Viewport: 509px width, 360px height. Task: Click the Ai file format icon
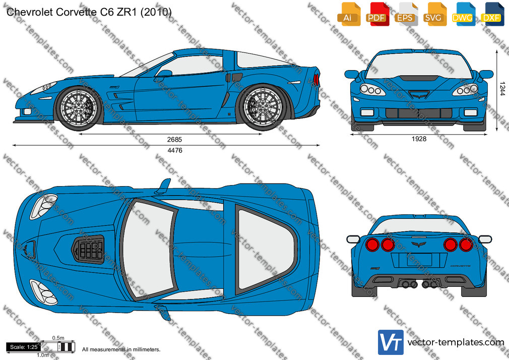click(349, 14)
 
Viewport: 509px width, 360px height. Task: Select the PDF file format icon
click(377, 14)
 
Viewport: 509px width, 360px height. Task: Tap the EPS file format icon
click(406, 14)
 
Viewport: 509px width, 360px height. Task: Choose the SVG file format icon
click(434, 14)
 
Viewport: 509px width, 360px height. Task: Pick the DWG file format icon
click(463, 14)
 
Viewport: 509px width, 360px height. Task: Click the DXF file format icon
click(492, 14)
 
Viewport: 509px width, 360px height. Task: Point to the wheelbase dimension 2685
click(175, 140)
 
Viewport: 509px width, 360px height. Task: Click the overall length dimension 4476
click(175, 150)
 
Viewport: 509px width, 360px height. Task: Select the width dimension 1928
click(419, 139)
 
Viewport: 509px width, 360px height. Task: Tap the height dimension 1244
click(502, 88)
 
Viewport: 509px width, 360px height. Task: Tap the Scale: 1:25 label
click(24, 347)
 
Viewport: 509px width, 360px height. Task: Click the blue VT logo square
click(391, 342)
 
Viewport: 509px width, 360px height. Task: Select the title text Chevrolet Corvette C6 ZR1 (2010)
click(89, 12)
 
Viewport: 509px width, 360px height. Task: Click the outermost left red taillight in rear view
click(372, 245)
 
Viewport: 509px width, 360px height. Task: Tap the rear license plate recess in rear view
click(419, 260)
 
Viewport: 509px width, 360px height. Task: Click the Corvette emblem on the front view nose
click(419, 95)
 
